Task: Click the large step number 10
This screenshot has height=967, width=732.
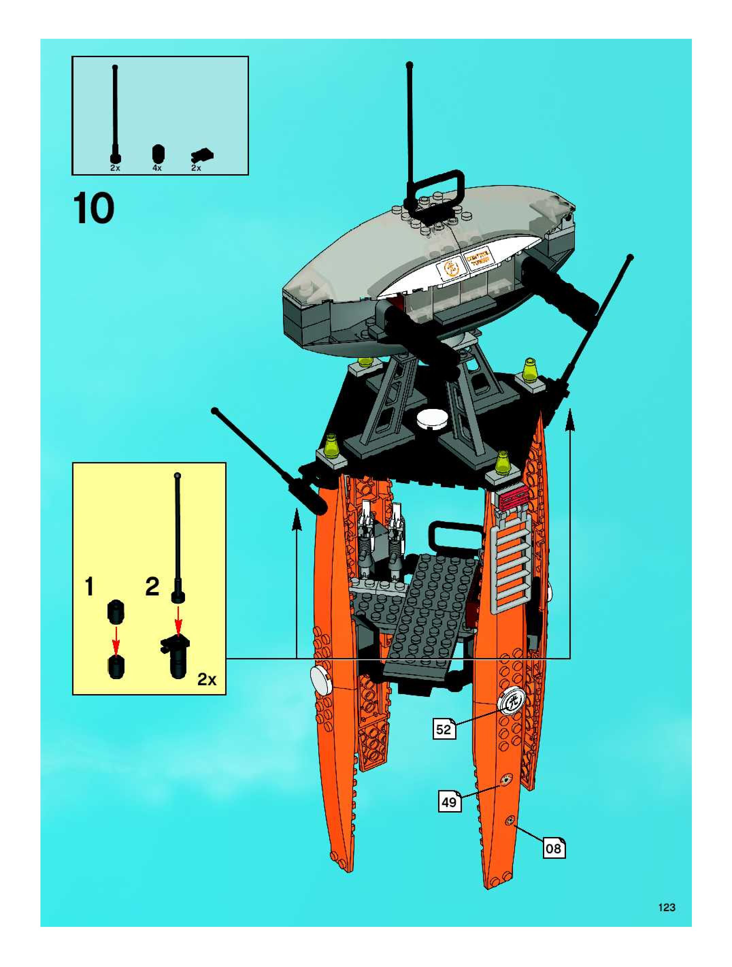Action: click(94, 209)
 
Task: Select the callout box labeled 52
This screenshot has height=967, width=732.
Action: click(443, 729)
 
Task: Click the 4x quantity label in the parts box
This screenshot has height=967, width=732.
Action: click(157, 168)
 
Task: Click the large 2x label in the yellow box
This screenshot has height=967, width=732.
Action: click(207, 679)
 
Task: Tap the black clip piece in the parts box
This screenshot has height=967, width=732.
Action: click(202, 155)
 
